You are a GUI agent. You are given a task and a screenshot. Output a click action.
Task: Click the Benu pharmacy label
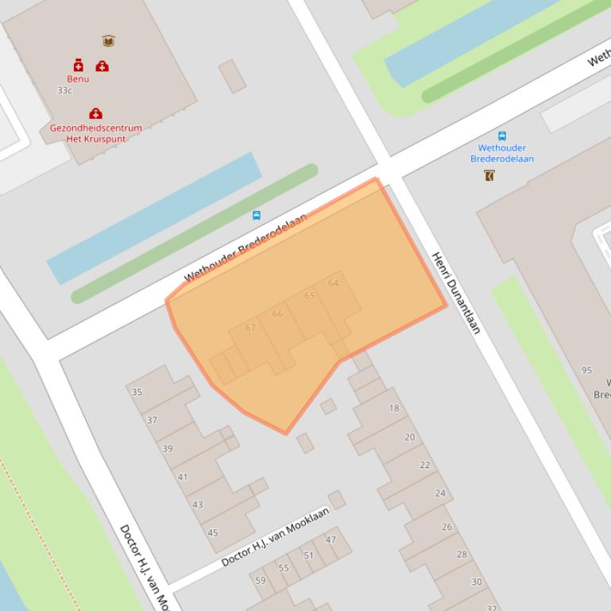(x=78, y=79)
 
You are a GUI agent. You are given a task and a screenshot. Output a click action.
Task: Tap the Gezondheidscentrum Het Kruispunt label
(x=95, y=133)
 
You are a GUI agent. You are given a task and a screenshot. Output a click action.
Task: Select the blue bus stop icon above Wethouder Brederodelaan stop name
(x=501, y=136)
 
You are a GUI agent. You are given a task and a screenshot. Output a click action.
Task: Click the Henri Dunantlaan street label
(x=456, y=293)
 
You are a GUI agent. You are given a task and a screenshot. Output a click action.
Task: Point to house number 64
(x=333, y=283)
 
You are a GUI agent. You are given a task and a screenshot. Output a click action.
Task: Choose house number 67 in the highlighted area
(x=250, y=328)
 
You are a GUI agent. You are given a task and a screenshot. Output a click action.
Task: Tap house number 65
(x=310, y=296)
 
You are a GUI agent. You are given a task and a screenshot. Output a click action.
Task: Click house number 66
(x=277, y=314)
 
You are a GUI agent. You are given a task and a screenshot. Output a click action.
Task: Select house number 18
(x=394, y=409)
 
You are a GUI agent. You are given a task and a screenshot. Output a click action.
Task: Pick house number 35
(x=137, y=392)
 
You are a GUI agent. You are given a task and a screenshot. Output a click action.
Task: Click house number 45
(x=213, y=532)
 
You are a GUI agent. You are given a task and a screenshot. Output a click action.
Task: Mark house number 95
(x=586, y=371)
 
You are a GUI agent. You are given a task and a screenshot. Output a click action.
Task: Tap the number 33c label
(x=64, y=90)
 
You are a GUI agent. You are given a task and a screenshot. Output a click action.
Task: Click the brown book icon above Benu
(x=108, y=40)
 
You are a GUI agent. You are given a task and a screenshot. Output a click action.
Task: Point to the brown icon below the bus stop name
(x=489, y=175)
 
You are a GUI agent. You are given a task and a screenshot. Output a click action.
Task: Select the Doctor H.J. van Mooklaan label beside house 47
(x=275, y=537)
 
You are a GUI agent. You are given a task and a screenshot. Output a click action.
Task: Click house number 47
(x=331, y=540)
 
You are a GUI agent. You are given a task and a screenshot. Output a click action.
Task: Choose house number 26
(x=447, y=527)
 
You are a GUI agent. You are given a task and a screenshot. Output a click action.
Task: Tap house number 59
(x=260, y=581)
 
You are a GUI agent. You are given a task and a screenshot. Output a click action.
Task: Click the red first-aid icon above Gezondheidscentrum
(x=95, y=113)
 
